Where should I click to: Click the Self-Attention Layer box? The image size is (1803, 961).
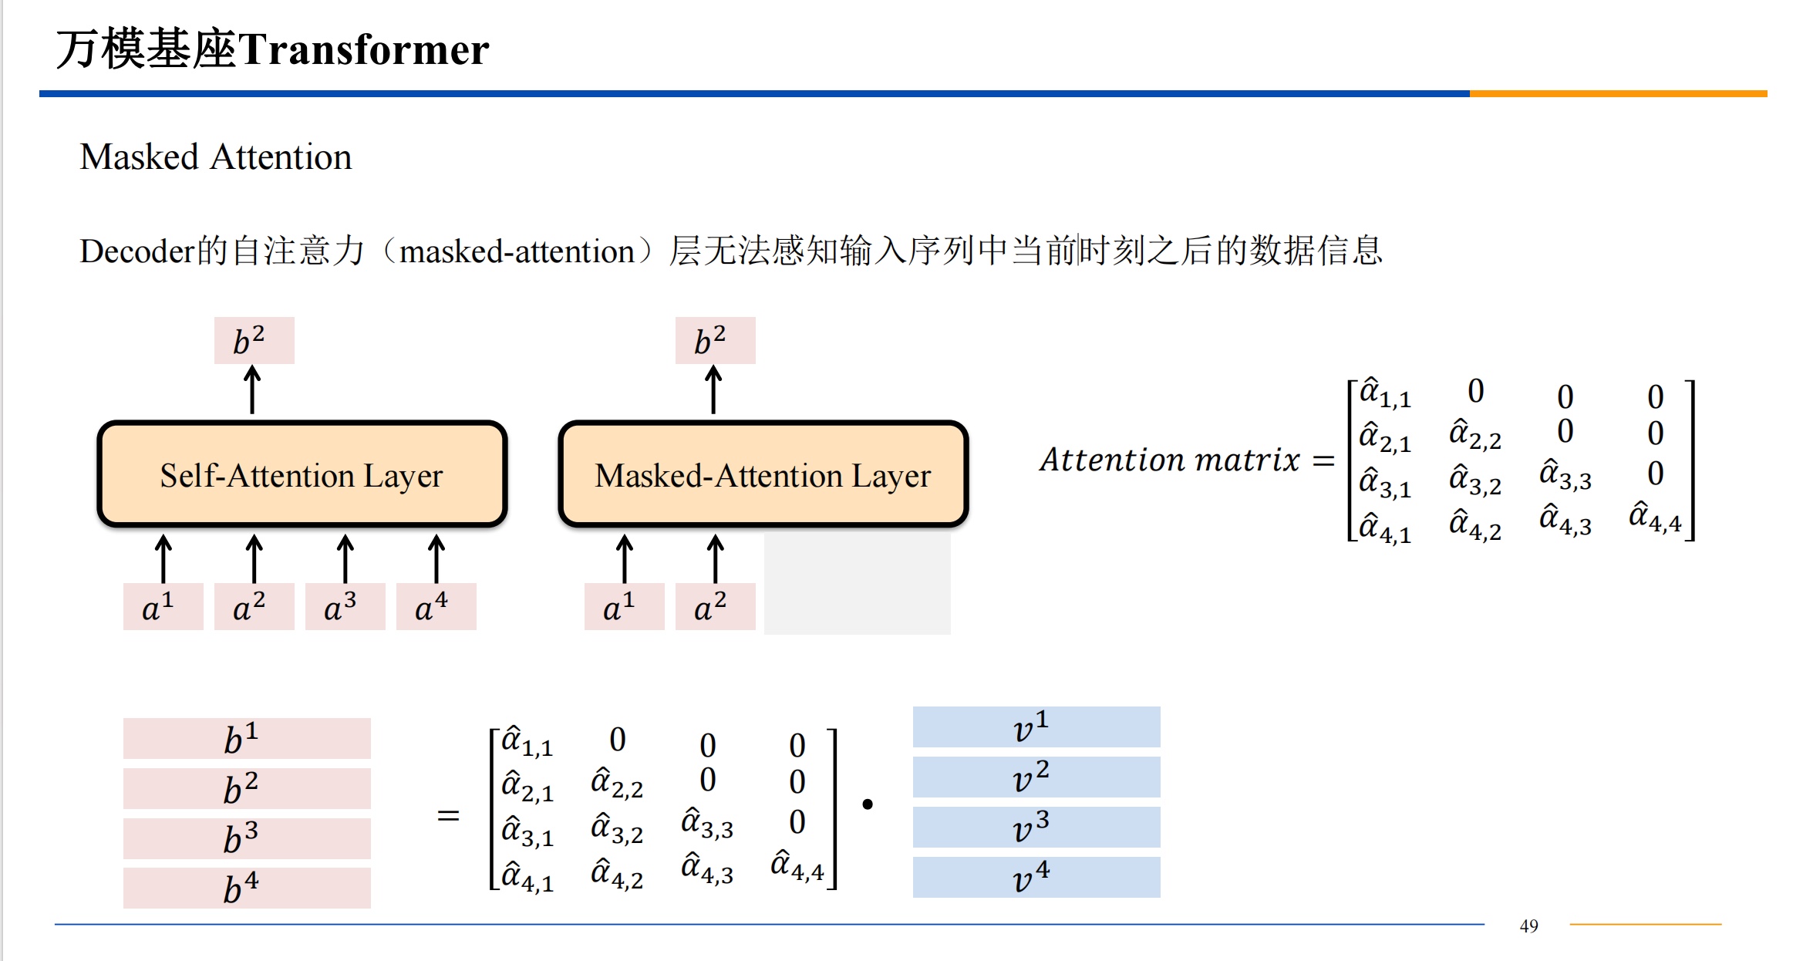pyautogui.click(x=302, y=474)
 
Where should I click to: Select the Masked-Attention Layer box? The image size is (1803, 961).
pyautogui.click(x=763, y=474)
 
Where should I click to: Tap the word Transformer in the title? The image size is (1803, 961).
pyautogui.click(x=364, y=49)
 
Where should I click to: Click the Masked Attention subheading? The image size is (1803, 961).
pyautogui.click(x=216, y=157)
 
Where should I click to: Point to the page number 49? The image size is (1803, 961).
pyautogui.click(x=1528, y=926)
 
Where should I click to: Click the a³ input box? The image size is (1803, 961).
pyautogui.click(x=345, y=607)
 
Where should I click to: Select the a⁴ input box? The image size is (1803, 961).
pyautogui.click(x=436, y=607)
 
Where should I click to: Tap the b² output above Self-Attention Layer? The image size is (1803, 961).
pyautogui.click(x=254, y=340)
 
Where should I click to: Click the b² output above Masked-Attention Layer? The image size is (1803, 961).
pyautogui.click(x=715, y=340)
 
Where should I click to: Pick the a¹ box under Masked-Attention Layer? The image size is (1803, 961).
pyautogui.click(x=624, y=607)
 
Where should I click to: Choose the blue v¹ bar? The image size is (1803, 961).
pyautogui.click(x=1036, y=727)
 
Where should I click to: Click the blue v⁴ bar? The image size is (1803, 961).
pyautogui.click(x=1036, y=877)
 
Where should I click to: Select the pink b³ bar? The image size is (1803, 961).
pyautogui.click(x=247, y=838)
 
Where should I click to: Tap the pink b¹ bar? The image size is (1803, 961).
pyautogui.click(x=247, y=738)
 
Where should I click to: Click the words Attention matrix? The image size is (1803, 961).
pyautogui.click(x=1169, y=460)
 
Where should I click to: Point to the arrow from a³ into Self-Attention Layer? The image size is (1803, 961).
pyautogui.click(x=345, y=558)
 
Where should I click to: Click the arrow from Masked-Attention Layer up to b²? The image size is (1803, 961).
pyautogui.click(x=714, y=390)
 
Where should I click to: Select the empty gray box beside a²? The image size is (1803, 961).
pyautogui.click(x=857, y=584)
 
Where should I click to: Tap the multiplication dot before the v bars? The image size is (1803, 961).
pyautogui.click(x=868, y=804)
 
